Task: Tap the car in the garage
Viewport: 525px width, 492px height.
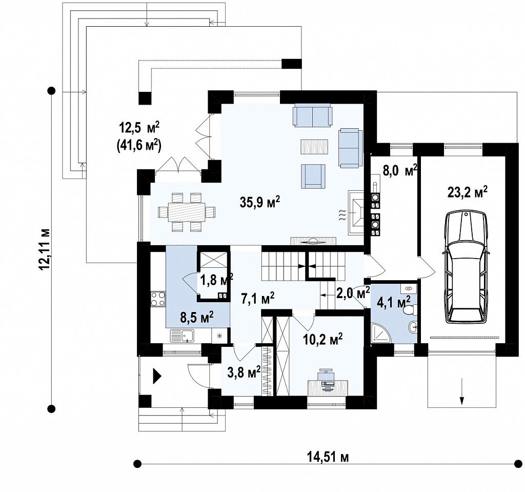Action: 466,267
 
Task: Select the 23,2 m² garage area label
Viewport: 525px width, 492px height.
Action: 467,192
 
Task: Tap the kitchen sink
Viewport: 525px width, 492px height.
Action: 182,336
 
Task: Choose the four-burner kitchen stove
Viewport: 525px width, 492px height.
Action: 158,299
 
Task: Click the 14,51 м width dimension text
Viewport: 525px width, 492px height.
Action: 328,457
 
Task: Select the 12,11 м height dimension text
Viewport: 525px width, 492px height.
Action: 46,249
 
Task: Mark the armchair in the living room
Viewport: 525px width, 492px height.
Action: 313,176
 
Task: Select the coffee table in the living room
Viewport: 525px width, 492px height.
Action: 314,146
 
